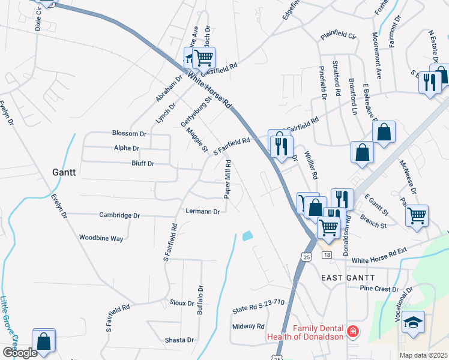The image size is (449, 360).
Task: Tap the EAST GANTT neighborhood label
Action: [x=348, y=278]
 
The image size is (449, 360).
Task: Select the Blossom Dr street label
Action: [x=129, y=133]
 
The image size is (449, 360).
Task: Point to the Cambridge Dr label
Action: [x=119, y=215]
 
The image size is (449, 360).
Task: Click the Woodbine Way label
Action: [x=101, y=238]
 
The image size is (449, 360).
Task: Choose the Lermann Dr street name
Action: [x=203, y=211]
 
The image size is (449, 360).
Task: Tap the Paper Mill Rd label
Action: [x=228, y=179]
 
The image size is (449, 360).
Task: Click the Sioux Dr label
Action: [x=182, y=304]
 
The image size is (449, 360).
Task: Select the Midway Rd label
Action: [x=248, y=326]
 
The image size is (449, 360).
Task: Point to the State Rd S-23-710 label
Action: [x=258, y=310]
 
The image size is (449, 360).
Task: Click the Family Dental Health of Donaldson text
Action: [x=318, y=332]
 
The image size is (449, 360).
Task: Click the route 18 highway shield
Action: [x=327, y=255]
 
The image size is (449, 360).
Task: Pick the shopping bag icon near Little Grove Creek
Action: [x=44, y=341]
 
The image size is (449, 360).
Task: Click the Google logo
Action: [x=19, y=353]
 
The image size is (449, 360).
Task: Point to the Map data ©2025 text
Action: [x=423, y=355]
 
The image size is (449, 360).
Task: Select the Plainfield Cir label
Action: [x=338, y=37]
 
